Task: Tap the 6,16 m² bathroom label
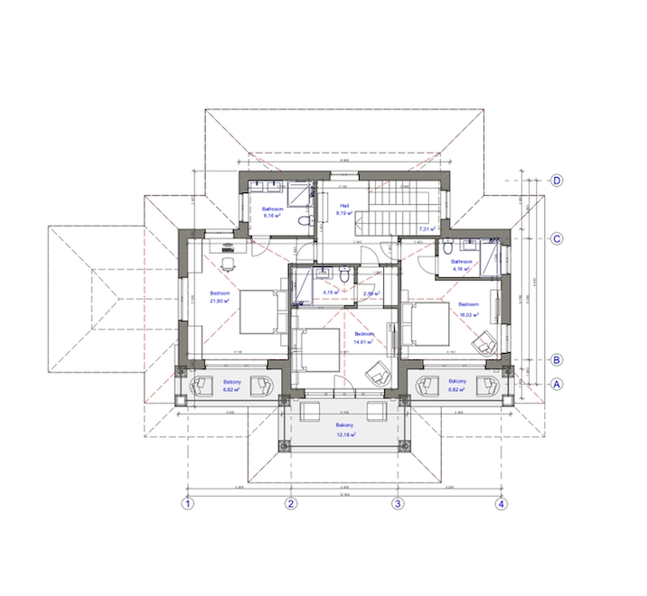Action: click(272, 211)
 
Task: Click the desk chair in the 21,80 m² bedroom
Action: click(227, 261)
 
